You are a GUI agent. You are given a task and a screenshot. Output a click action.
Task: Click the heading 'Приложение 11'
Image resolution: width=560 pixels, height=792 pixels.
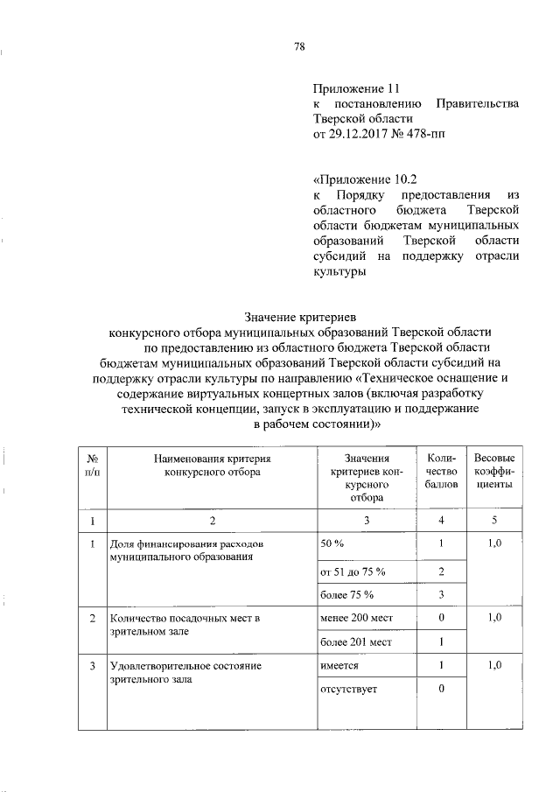(356, 88)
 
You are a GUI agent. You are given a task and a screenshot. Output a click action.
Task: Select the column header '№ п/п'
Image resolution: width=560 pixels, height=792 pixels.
(91, 465)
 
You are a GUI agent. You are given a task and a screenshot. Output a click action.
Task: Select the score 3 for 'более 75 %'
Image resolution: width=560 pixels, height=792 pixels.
(443, 595)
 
